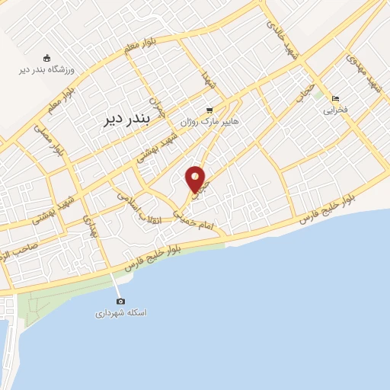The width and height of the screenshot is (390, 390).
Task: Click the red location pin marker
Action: tap(195, 179)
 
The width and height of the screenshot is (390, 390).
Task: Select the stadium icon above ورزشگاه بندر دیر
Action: tap(46, 58)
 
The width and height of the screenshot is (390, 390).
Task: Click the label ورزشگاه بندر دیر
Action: tap(46, 70)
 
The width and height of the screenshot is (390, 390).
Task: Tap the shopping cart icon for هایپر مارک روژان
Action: tap(209, 110)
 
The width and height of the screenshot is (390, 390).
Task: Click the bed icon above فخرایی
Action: tap(335, 99)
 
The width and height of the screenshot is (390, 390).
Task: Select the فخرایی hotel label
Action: tap(335, 110)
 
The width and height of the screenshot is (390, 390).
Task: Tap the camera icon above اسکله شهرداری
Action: tap(120, 302)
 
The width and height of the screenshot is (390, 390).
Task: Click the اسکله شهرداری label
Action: tap(120, 313)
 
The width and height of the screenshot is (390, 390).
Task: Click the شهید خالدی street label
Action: tap(281, 37)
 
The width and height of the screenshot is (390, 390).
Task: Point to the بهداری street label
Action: tap(91, 225)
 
